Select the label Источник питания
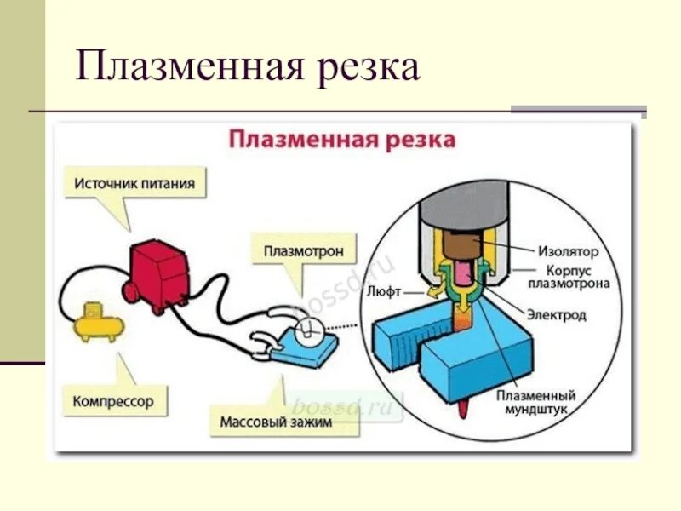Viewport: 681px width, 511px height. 134,183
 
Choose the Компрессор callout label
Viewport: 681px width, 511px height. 113,400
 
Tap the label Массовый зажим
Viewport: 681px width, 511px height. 276,421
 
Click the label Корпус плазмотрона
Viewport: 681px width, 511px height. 569,277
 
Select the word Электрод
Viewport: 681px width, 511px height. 557,315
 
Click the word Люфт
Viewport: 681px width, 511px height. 383,290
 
